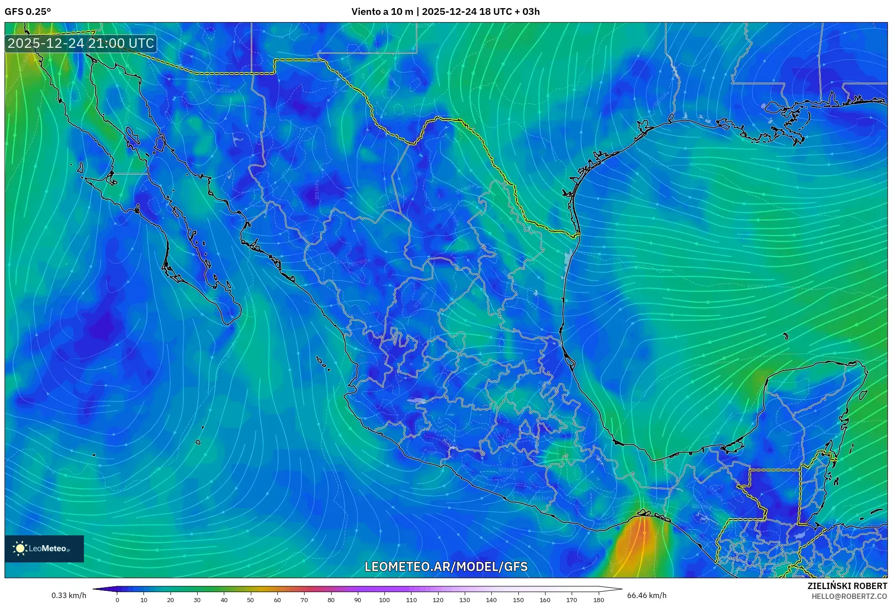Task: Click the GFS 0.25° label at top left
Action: click(x=28, y=12)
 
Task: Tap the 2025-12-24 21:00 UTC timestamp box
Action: click(x=81, y=43)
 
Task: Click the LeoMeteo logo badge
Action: click(x=44, y=548)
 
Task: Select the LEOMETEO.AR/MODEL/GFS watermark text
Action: click(x=446, y=566)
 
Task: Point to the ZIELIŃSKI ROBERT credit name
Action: click(x=847, y=586)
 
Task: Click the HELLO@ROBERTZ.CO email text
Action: click(x=849, y=596)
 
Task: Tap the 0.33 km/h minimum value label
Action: click(x=69, y=595)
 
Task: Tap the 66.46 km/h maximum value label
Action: click(x=647, y=595)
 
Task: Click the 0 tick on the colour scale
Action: click(x=117, y=600)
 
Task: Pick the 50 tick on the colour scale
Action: click(x=250, y=600)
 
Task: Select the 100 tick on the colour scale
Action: click(x=384, y=600)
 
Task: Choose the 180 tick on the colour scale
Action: click(x=598, y=600)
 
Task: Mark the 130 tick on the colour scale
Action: click(x=464, y=600)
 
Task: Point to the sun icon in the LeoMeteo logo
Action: click(x=20, y=548)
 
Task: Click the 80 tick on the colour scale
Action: click(x=331, y=600)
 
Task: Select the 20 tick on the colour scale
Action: click(x=170, y=600)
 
